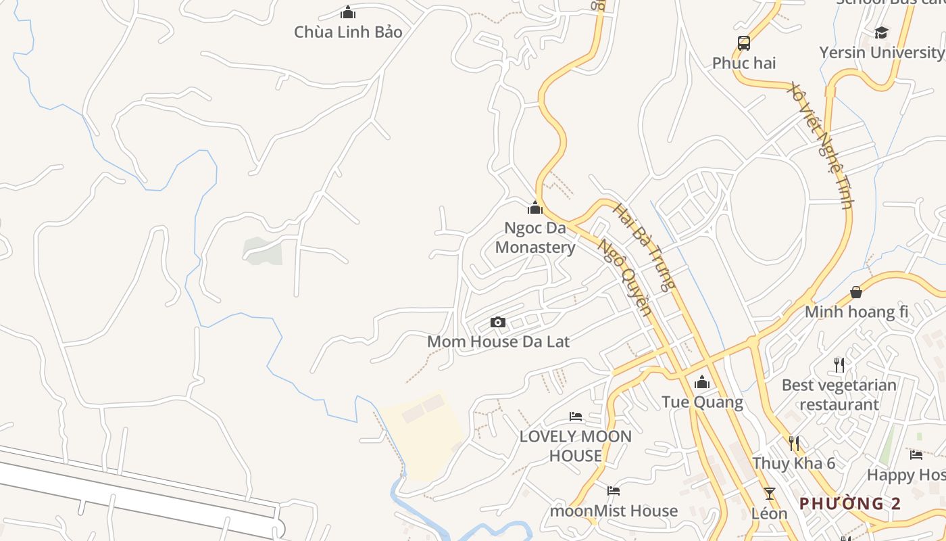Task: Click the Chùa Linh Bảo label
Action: point(348,32)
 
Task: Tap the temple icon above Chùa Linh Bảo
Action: point(348,12)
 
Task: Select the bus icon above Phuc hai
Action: point(744,43)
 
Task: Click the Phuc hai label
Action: point(744,63)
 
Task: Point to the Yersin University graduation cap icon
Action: point(881,32)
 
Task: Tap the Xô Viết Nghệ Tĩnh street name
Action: point(821,145)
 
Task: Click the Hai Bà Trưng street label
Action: point(644,247)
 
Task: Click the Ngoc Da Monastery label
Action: point(535,237)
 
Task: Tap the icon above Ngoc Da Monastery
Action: point(535,208)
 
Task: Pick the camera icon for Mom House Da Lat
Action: point(498,322)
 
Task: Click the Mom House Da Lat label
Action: point(498,342)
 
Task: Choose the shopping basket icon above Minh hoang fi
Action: point(856,292)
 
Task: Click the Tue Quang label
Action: point(702,402)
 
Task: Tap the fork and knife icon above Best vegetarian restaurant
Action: point(839,365)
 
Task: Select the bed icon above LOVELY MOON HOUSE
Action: point(576,416)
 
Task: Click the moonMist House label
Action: point(614,511)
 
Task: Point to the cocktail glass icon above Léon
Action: point(769,493)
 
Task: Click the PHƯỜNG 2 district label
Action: point(850,503)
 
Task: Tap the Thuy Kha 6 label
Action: point(794,463)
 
